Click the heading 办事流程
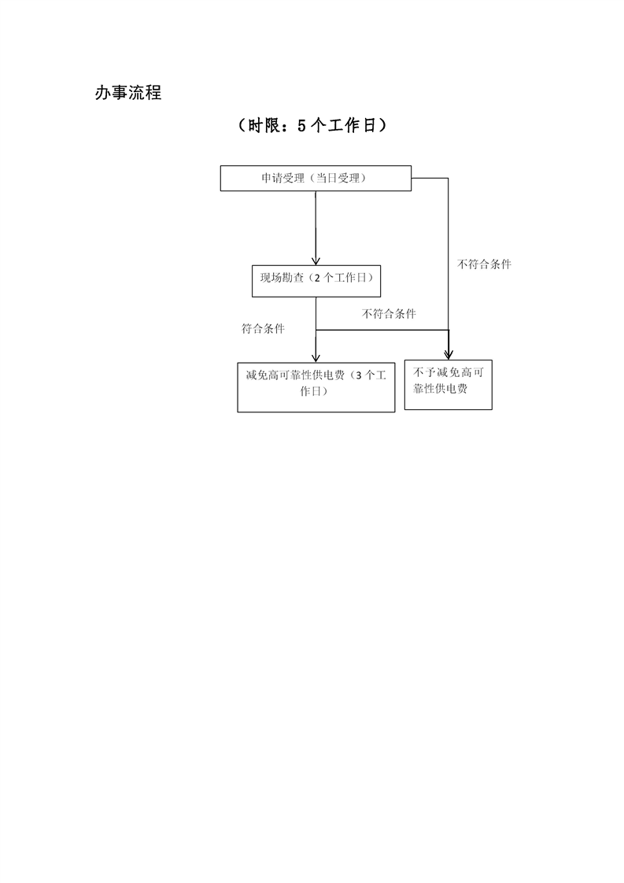coord(128,93)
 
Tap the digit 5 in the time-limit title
coord(302,126)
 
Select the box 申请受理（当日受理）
coord(316,178)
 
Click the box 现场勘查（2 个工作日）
coord(316,280)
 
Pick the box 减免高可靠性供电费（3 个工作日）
coord(316,387)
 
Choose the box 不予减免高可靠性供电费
coord(449,385)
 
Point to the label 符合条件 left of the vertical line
coord(263,328)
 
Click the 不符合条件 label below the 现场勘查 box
coord(390,314)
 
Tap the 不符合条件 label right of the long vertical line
coord(485,264)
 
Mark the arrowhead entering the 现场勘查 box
coord(316,260)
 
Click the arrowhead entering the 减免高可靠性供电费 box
coord(316,357)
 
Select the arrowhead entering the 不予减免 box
coord(449,355)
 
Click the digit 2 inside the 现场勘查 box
coord(318,278)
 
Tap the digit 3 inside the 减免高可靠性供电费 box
coord(359,375)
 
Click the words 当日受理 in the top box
coord(338,178)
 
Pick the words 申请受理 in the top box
coord(282,178)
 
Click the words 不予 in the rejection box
coord(424,372)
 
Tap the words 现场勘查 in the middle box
coord(282,278)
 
